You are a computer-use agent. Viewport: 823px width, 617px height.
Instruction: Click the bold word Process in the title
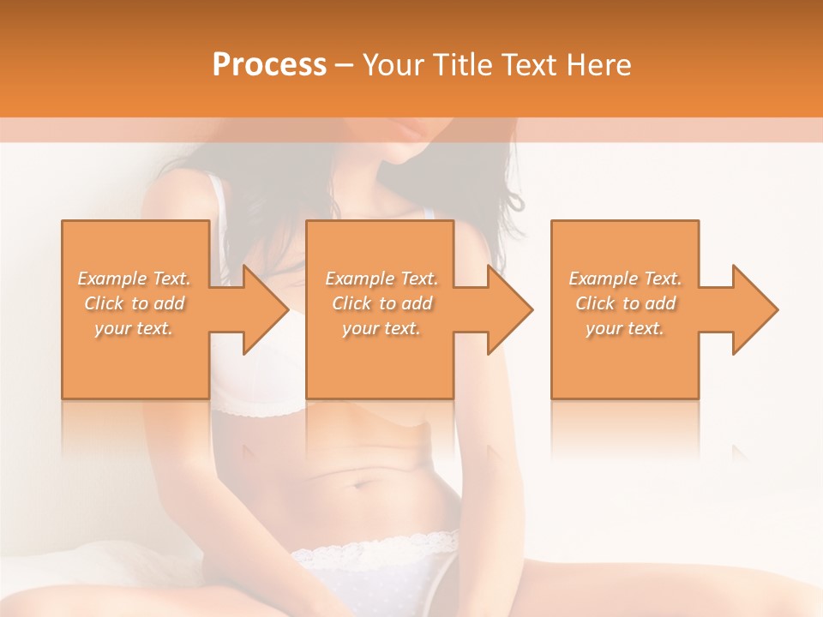[x=269, y=65]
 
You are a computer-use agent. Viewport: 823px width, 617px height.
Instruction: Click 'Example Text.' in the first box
[x=135, y=279]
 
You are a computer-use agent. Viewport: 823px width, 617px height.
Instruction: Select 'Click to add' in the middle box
[x=381, y=303]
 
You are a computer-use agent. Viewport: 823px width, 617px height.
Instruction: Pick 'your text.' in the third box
[x=625, y=328]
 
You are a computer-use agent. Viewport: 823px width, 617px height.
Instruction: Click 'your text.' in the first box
[x=135, y=328]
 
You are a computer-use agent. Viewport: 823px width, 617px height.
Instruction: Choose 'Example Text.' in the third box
[x=625, y=279]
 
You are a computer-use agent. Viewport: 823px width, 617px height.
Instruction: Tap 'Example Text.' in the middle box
[x=381, y=279]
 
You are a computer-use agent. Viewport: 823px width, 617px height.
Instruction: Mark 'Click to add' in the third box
[x=625, y=303]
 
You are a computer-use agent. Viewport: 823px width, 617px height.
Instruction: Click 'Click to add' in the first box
[x=135, y=303]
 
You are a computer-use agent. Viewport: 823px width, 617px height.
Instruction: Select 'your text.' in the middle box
[x=381, y=328]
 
